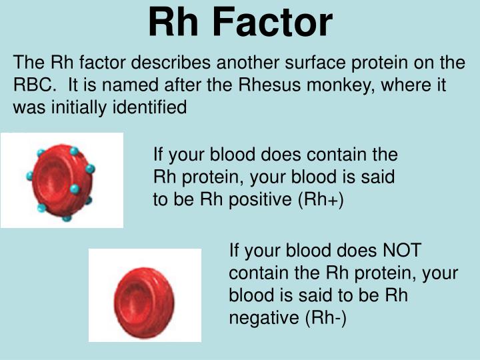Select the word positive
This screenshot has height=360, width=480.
[x=265, y=199]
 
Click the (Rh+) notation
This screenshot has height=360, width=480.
[x=323, y=199]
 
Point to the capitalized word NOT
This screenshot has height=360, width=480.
[x=401, y=251]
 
